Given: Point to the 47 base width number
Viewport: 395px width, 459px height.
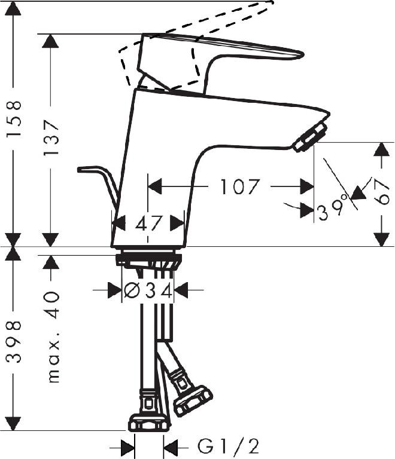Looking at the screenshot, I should click(x=148, y=224).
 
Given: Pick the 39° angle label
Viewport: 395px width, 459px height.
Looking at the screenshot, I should click(x=333, y=210).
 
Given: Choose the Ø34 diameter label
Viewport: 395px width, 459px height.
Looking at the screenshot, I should click(x=148, y=291).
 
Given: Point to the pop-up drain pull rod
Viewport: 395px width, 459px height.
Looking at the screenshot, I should click(x=99, y=179).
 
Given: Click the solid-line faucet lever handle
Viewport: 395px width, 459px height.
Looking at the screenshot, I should click(x=221, y=51).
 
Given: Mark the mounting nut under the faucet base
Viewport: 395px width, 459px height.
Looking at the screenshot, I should click(x=148, y=261).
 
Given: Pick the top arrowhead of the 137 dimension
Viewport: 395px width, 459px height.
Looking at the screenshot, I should click(x=51, y=41).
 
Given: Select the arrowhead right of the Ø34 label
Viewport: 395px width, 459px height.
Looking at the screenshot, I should click(x=180, y=291).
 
